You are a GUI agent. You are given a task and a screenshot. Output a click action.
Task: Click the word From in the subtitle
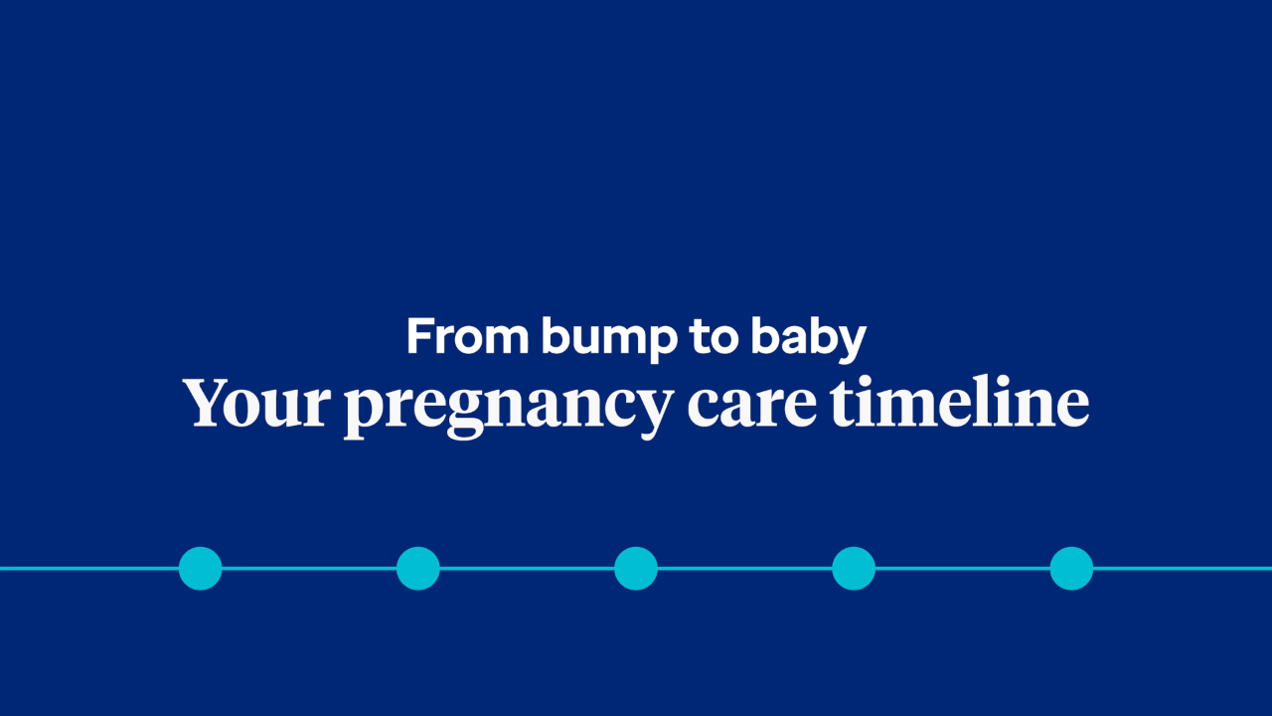(468, 336)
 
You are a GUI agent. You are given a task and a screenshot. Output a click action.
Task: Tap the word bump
(609, 339)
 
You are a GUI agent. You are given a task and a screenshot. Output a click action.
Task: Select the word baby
(809, 339)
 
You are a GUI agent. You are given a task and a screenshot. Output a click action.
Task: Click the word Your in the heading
(256, 403)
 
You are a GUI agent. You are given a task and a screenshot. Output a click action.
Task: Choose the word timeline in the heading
(959, 401)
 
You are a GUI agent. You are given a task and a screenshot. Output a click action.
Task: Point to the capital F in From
(420, 337)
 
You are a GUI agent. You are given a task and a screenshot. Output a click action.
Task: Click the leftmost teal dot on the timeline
(201, 568)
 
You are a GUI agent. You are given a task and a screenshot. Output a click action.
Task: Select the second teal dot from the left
(418, 568)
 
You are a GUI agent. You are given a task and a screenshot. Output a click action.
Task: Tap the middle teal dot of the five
(636, 568)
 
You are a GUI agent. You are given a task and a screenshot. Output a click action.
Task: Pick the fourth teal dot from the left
(854, 568)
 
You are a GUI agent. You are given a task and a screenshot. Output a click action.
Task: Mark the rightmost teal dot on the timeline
(1071, 568)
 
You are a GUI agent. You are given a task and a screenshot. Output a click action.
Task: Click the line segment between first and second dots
(309, 568)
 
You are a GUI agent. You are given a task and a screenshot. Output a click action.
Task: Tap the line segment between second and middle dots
(527, 568)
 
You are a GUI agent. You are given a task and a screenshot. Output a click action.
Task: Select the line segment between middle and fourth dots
(745, 568)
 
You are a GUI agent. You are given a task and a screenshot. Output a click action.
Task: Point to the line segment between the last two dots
(963, 568)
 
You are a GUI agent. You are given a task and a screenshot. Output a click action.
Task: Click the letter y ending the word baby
(850, 344)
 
